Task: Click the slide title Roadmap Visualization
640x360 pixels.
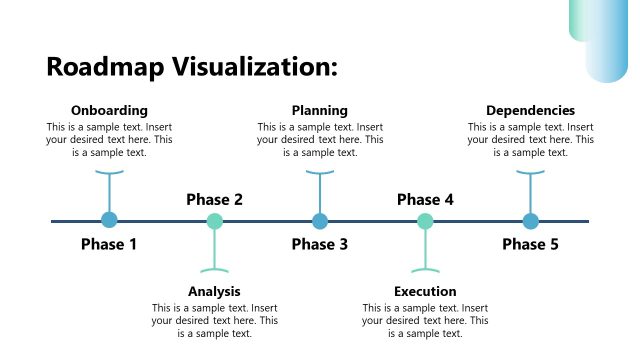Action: pos(192,67)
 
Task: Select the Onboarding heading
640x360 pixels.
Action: pos(109,110)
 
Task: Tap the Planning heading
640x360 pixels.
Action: pos(320,110)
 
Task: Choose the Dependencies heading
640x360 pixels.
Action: pos(530,110)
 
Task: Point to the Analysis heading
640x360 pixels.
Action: pos(214,291)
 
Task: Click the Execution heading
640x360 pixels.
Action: pos(425,291)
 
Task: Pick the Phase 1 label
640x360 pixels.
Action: pos(109,244)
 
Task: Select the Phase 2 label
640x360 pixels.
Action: pos(214,199)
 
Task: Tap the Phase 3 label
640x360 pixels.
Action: pos(320,244)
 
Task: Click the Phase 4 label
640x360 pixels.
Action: pos(425,199)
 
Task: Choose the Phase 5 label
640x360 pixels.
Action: pos(530,244)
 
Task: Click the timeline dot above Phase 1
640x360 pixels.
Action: pos(109,221)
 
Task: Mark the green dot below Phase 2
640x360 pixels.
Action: pos(214,221)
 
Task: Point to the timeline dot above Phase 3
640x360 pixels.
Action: pos(320,221)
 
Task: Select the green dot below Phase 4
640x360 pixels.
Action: pos(425,221)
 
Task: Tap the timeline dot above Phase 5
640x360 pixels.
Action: pos(530,221)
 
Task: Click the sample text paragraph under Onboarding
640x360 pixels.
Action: pos(109,140)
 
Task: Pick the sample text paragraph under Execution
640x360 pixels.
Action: pos(425,320)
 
